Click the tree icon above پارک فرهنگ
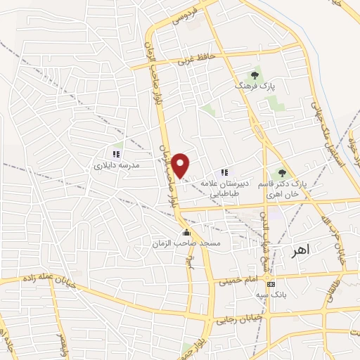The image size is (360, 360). [x=254, y=74]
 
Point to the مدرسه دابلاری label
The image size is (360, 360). [x=117, y=165]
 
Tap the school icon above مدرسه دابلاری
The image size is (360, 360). [x=117, y=154]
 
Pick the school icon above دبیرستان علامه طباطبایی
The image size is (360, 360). [x=224, y=172]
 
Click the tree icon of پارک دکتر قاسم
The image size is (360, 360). [x=282, y=172]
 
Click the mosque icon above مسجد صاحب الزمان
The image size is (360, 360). [x=186, y=231]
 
